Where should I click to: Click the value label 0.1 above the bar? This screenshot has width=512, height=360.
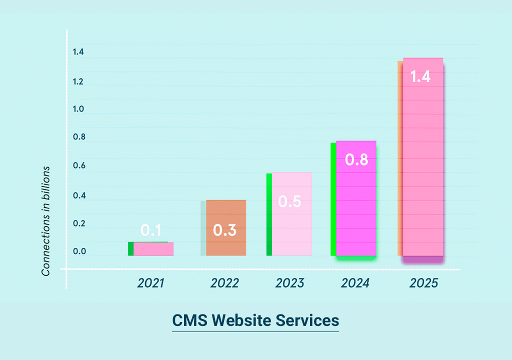pos(151,230)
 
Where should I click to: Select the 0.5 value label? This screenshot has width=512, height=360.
pos(289,201)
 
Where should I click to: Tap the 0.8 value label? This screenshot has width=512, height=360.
pos(357,160)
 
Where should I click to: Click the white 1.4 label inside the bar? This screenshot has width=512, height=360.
pos(420,77)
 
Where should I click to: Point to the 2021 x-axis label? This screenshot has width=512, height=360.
pos(151,283)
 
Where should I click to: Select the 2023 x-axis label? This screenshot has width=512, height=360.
pos(289,283)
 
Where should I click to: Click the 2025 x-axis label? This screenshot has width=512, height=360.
pos(423,283)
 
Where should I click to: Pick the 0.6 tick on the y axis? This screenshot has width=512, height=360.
pos(78,166)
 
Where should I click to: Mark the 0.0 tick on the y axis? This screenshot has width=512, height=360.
pos(78,252)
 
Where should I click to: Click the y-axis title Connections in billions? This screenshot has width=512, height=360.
pos(46,221)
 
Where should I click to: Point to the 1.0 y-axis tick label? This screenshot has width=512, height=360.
pos(78,109)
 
